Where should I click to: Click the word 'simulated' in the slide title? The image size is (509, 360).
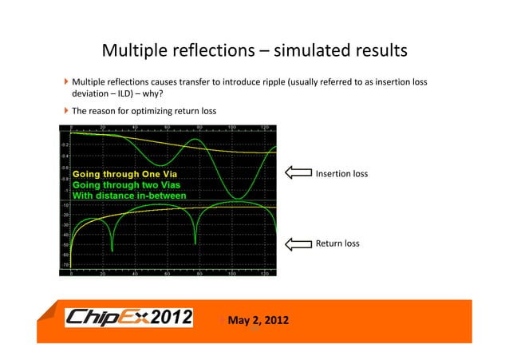click(x=310, y=51)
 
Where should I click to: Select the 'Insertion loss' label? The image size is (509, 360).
click(x=341, y=173)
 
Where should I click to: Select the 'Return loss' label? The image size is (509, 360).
click(x=338, y=243)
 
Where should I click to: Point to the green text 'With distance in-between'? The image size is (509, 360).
click(x=129, y=196)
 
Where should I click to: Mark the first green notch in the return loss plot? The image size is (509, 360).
click(x=112, y=250)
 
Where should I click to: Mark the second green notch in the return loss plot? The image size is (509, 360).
click(x=195, y=243)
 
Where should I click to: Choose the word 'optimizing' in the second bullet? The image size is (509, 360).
click(x=162, y=110)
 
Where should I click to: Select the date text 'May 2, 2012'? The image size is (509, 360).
click(x=258, y=321)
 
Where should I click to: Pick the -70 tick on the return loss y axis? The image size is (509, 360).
click(x=64, y=264)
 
